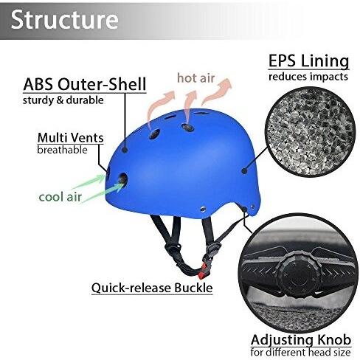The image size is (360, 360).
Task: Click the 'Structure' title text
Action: (64, 20)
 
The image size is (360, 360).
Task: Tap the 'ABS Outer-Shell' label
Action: (85, 84)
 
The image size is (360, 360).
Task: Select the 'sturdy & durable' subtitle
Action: (63, 100)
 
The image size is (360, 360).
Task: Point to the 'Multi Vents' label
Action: (71, 138)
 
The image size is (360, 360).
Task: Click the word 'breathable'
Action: (62, 150)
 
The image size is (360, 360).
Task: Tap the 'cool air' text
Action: (60, 197)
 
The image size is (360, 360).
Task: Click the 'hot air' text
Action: (196, 78)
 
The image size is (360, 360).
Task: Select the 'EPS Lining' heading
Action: (308, 61)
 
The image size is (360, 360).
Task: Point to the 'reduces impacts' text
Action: (308, 77)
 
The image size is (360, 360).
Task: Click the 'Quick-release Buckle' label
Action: (152, 288)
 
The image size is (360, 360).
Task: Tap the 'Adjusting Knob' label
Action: (301, 340)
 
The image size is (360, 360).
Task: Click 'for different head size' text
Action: (300, 353)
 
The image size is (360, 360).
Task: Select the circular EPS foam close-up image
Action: (310, 132)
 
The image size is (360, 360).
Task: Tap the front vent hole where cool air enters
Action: (122, 179)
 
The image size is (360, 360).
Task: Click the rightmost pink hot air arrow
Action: (217, 91)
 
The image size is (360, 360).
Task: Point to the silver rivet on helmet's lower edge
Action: (203, 210)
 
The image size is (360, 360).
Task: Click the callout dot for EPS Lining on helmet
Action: (244, 170)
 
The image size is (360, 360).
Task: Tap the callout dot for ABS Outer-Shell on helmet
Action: (125, 149)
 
